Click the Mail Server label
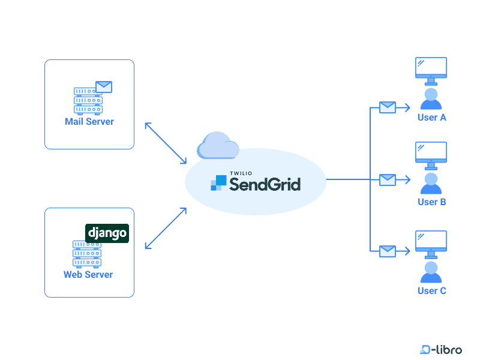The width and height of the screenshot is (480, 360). tap(89, 122)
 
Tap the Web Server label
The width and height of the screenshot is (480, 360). tap(88, 275)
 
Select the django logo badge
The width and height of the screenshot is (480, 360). tap(107, 232)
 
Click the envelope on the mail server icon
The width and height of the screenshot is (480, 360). tap(104, 86)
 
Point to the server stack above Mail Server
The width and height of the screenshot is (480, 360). tap(88, 100)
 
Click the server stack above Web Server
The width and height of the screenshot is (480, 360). tap(87, 254)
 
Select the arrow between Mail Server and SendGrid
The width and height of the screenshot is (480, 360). tap(166, 143)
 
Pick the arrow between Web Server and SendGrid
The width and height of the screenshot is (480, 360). tap(166, 229)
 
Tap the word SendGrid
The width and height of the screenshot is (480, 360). tap(265, 184)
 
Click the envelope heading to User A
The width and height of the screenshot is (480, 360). tap(388, 107)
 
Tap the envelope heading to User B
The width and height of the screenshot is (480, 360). tap(388, 179)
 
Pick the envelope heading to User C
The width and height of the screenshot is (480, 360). tap(388, 251)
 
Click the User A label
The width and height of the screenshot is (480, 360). tap(431, 118)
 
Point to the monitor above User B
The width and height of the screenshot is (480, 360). tap(431, 154)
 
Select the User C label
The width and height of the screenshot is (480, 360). tap(431, 291)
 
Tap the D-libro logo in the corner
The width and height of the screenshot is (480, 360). tap(441, 349)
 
